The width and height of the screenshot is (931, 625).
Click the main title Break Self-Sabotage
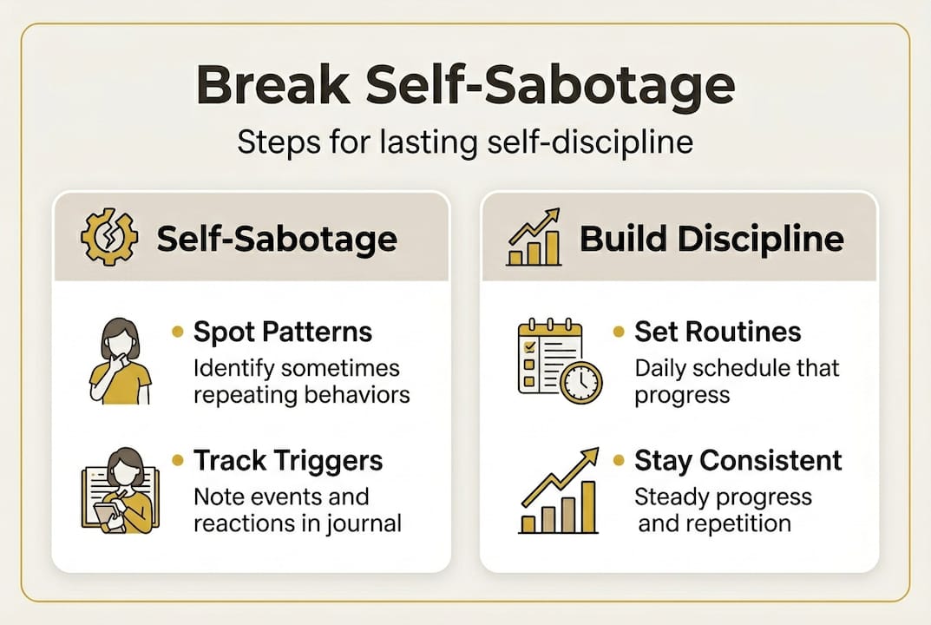click(x=465, y=88)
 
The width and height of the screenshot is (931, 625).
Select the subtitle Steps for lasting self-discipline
click(x=465, y=141)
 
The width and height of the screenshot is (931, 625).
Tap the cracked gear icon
click(x=108, y=237)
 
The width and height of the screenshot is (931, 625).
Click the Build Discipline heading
click(x=711, y=238)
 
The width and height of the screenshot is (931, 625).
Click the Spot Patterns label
click(x=283, y=332)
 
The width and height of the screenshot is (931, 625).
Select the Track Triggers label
click(x=288, y=460)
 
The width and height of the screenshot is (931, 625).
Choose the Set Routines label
click(x=718, y=332)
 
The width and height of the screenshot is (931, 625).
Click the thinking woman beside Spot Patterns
click(x=120, y=359)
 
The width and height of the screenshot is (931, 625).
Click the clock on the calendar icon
click(x=580, y=381)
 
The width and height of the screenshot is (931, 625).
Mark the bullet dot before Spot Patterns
click(x=179, y=332)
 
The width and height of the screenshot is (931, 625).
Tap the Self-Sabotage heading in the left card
click(x=277, y=238)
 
